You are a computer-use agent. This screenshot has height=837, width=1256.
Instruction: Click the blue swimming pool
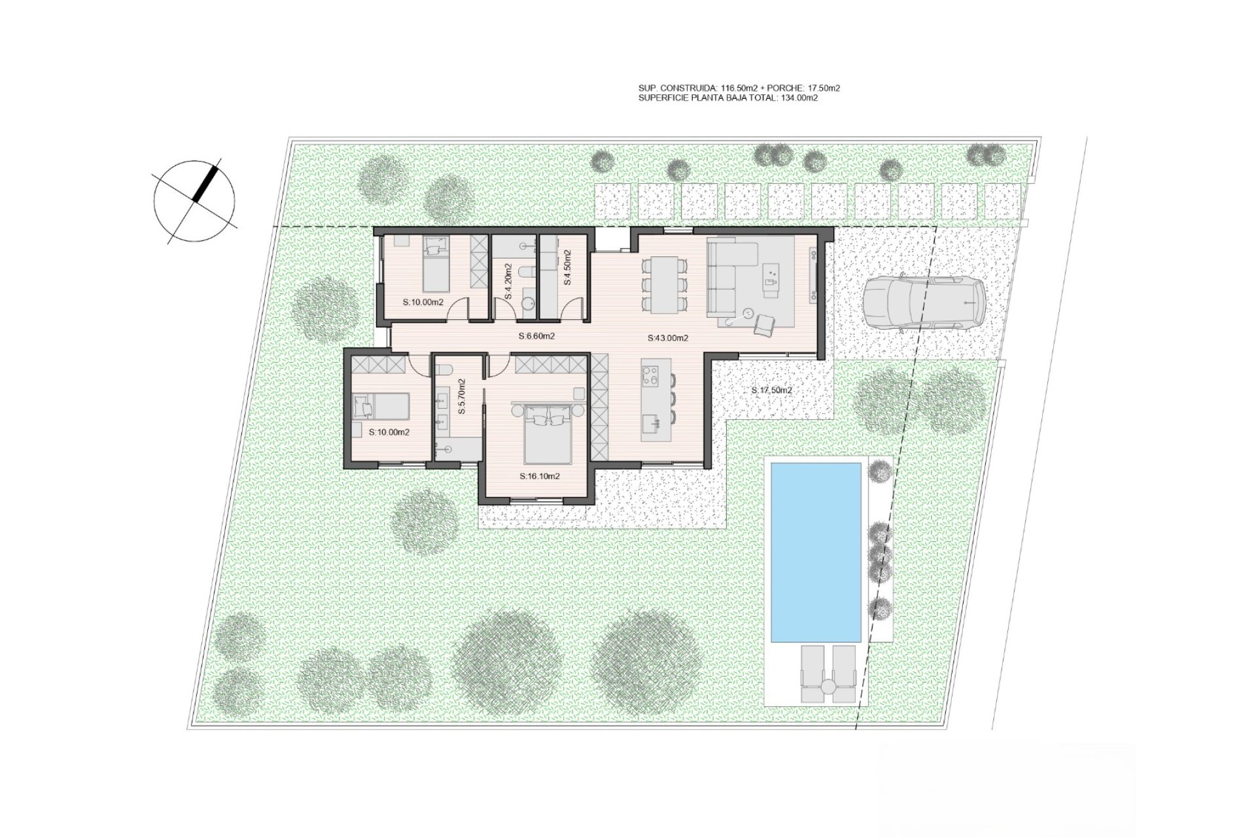click(816, 553)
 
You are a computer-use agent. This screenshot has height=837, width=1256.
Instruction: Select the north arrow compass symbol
click(194, 201)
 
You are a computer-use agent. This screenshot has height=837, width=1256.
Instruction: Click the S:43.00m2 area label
click(668, 338)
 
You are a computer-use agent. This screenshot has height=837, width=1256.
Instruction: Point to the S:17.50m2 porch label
click(772, 390)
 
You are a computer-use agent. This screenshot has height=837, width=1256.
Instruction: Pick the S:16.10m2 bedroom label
click(540, 476)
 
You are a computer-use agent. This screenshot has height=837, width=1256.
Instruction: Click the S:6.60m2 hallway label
click(536, 337)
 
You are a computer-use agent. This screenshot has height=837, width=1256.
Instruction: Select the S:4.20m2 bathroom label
click(508, 281)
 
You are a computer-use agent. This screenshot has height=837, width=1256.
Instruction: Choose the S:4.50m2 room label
click(567, 267)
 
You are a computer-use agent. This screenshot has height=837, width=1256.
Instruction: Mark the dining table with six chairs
click(665, 284)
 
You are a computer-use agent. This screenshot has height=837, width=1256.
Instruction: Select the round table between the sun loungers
click(828, 687)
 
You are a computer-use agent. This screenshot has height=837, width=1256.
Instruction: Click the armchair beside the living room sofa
click(763, 324)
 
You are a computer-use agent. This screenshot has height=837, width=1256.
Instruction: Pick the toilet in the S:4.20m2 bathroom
click(525, 273)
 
